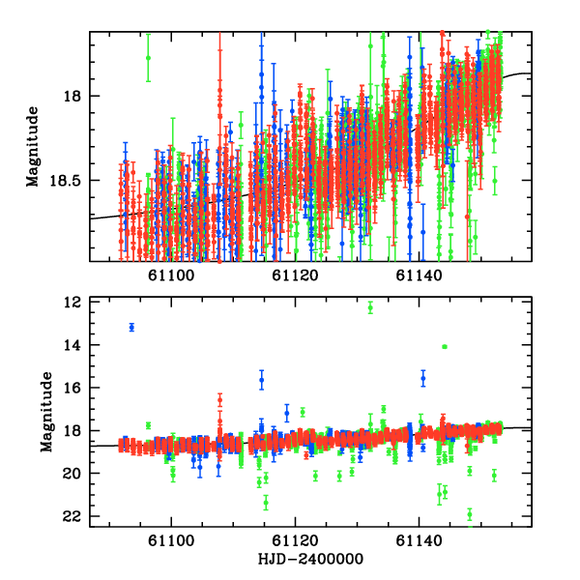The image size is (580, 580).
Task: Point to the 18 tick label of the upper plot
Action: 76,96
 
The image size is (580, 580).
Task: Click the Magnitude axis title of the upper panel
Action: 34,146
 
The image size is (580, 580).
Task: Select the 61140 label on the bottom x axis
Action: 419,541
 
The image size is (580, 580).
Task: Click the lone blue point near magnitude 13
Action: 131,328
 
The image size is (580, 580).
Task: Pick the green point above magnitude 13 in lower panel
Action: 370,307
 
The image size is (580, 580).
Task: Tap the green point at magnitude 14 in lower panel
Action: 444,346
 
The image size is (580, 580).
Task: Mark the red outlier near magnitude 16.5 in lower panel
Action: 219,398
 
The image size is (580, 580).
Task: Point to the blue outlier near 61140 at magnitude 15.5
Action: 423,379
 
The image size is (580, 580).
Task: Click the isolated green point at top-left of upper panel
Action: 148,58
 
